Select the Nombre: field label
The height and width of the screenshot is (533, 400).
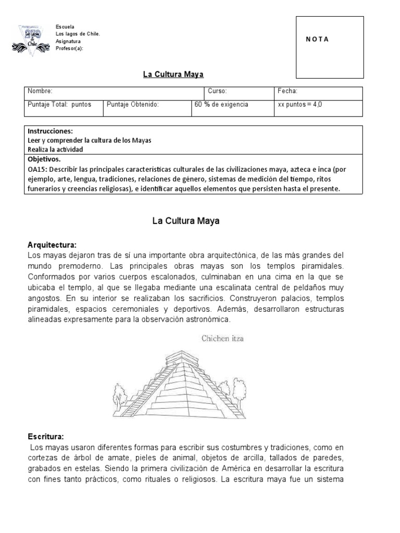40,91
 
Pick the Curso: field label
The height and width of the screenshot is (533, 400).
217,91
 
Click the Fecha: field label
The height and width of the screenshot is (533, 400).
287,91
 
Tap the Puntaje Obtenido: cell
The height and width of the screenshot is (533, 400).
132,105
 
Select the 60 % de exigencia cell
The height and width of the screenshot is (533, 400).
221,105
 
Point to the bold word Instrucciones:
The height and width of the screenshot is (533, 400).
50,131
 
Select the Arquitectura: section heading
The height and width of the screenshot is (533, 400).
52,245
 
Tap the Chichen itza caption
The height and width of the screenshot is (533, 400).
222,338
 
